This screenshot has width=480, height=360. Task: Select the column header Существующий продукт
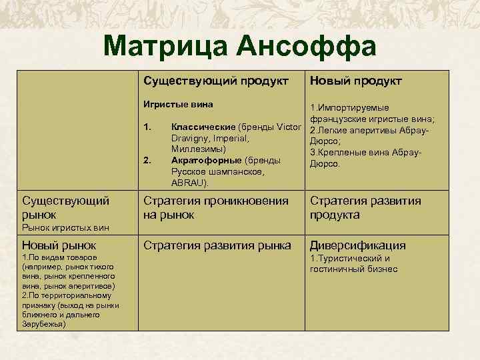click(216, 81)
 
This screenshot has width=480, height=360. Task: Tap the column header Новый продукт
click(355, 81)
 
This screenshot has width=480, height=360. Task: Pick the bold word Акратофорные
click(206, 160)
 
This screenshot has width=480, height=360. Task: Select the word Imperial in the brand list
click(229, 138)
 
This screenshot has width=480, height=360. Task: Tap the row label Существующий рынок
click(56, 207)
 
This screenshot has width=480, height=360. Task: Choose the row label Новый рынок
click(59, 245)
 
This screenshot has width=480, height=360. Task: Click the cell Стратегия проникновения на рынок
click(216, 207)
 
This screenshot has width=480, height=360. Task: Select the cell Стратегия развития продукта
click(365, 207)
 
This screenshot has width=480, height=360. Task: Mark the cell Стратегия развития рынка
click(217, 245)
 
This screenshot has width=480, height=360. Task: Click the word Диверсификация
click(357, 245)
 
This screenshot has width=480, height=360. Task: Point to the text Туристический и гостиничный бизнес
click(353, 263)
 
